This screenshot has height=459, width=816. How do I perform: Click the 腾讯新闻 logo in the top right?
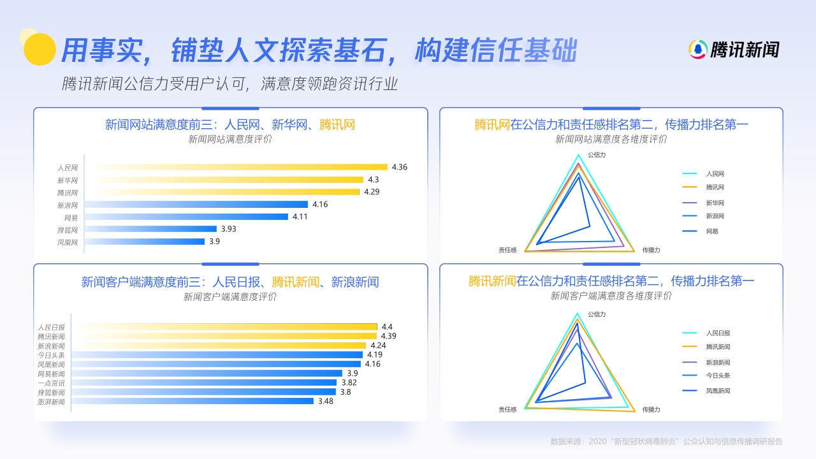tap(734, 49)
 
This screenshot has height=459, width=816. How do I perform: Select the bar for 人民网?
tap(236, 167)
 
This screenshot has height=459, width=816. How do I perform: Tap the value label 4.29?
tap(372, 192)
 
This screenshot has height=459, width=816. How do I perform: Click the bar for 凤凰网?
tap(145, 242)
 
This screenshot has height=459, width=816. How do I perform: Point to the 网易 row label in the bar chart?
tap(70, 217)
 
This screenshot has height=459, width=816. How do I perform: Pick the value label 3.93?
tap(228, 229)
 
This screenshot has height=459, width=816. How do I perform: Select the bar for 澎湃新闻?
tap(193, 401)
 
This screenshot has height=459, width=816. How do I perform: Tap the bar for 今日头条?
tap(217, 355)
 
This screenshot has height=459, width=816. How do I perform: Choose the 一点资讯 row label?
tap(51, 383)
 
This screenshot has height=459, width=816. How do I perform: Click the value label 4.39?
tap(388, 336)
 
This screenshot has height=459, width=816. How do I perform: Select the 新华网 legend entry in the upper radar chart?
tap(715, 203)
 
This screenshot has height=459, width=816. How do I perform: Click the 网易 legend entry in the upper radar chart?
tap(712, 231)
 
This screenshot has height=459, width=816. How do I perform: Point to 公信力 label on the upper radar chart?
tap(596, 155)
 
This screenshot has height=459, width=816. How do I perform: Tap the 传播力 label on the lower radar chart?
tap(651, 409)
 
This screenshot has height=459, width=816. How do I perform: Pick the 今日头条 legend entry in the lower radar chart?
tap(717, 375)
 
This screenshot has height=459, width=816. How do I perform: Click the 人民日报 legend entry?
tap(717, 333)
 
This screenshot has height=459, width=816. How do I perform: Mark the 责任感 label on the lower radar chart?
tap(507, 409)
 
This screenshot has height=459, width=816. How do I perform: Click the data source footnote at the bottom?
tap(666, 441)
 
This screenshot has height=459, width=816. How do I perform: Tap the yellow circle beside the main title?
tap(40, 49)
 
